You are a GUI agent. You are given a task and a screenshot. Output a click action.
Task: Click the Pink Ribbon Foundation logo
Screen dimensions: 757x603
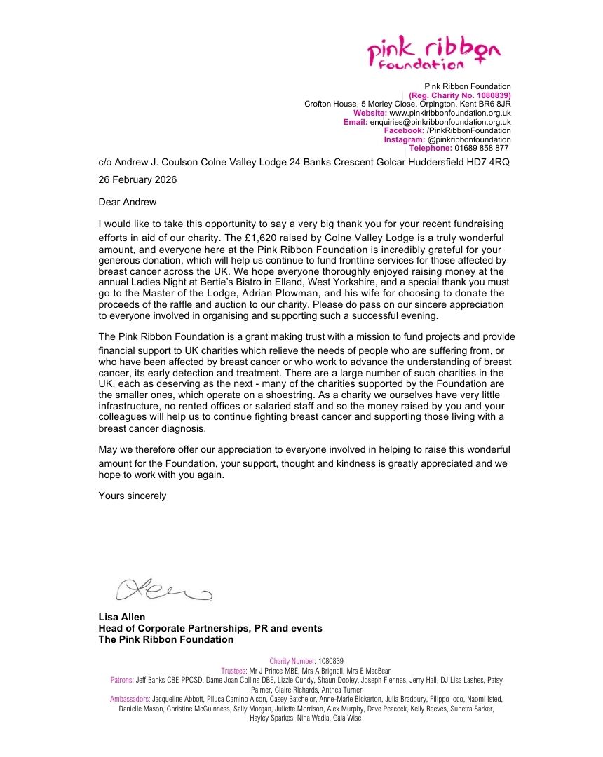coord(434,54)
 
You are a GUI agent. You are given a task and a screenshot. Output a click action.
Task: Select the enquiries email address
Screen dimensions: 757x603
coord(440,122)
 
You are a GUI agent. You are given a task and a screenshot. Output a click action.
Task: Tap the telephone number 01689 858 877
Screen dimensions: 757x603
coord(482,148)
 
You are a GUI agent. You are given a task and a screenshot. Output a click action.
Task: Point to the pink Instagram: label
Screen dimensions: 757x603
coord(404,139)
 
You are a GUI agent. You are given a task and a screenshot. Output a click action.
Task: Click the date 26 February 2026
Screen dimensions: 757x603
coord(137,179)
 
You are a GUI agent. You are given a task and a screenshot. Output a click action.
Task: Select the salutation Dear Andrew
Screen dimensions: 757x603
coord(128,202)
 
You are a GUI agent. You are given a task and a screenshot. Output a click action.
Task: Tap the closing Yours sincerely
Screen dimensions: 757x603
coord(133,496)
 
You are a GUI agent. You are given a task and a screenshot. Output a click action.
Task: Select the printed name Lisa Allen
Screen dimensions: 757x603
coord(122,618)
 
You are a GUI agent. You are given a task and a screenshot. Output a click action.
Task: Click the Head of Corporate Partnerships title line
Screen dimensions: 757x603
coord(210,628)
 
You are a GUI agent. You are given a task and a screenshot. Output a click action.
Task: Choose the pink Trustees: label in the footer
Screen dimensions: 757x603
coord(233,671)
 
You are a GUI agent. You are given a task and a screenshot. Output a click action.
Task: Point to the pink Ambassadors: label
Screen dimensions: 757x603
coord(130,699)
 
